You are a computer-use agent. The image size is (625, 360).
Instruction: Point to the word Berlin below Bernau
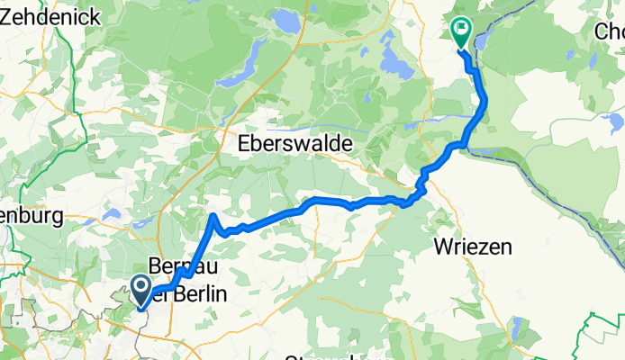coord(198,294)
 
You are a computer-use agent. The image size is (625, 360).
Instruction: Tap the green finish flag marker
coord(461,32)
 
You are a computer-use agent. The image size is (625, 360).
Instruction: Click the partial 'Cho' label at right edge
coord(610,31)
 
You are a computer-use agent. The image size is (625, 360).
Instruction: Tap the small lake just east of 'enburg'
coord(113,214)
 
